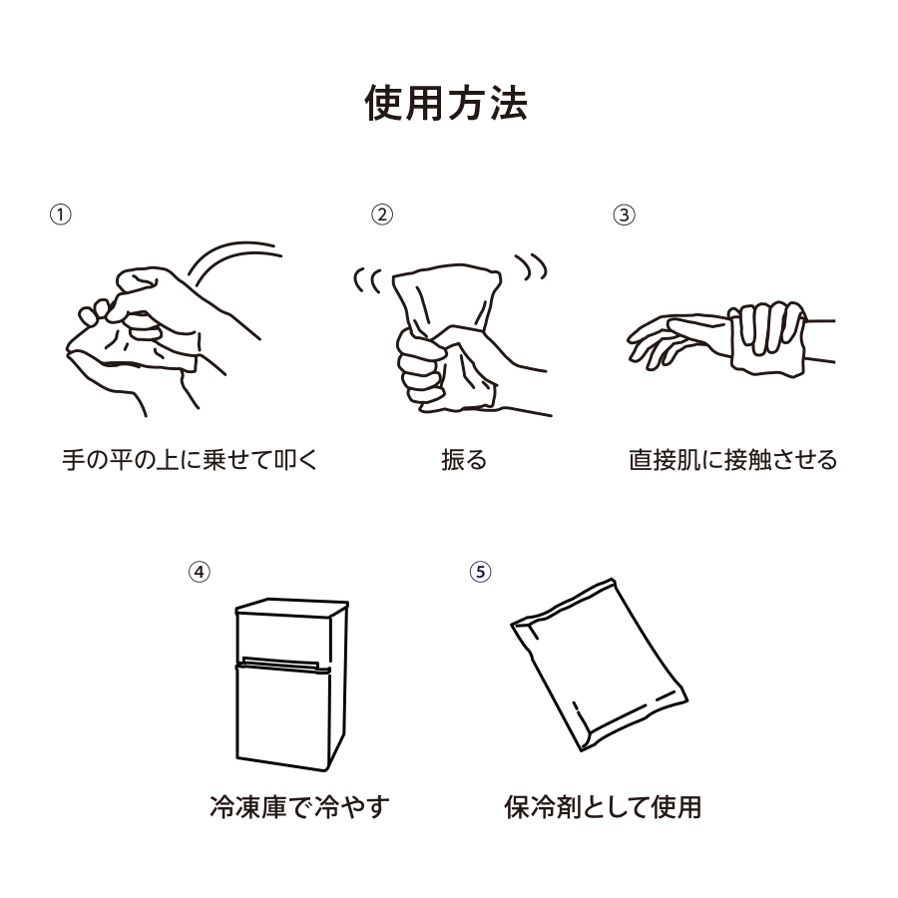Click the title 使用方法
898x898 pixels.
pos(446,104)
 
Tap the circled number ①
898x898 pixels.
pos(61,215)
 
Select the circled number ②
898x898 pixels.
pos(382,215)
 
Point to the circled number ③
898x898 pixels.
pos(623,215)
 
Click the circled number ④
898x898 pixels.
pos(200,571)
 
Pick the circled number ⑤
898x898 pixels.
pos(481,571)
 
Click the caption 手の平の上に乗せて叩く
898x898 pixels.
pos(189,460)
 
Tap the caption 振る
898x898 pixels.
pos(464,460)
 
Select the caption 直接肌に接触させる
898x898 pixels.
pos(732,460)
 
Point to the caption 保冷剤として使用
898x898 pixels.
pos(603,806)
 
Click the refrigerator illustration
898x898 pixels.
pos(289,683)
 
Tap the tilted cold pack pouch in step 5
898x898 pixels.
pos(597,664)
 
